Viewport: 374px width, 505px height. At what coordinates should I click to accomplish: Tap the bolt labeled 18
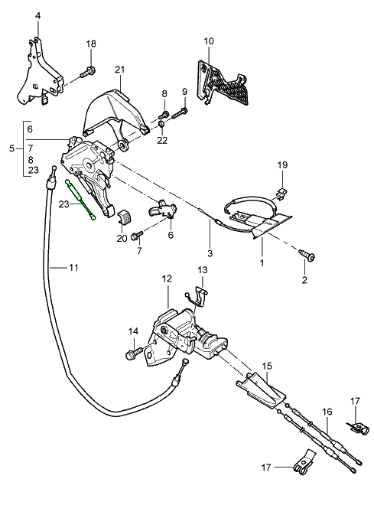86,73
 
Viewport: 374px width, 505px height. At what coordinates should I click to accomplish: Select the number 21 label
119,70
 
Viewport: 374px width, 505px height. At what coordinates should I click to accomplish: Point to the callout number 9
184,93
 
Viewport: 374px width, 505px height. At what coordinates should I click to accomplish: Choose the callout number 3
210,252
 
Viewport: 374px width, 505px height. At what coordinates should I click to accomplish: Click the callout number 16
327,412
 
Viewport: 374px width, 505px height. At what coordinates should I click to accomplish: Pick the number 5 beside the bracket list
11,148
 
